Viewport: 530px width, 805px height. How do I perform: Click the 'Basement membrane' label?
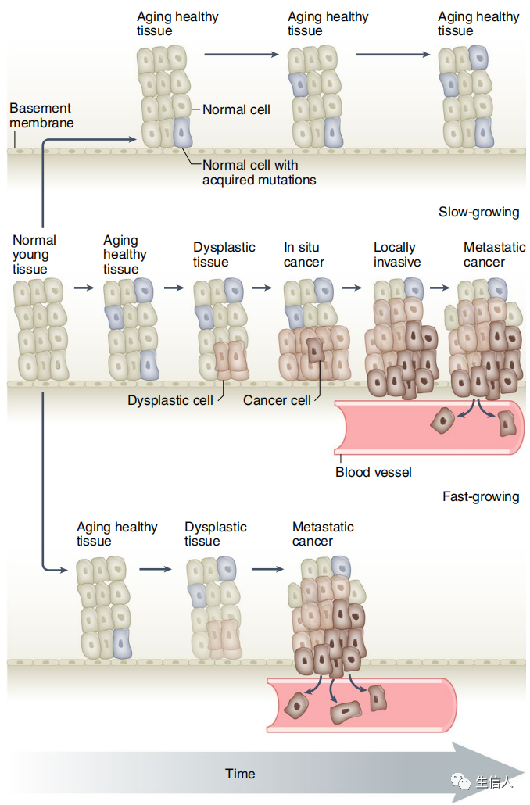click(41, 116)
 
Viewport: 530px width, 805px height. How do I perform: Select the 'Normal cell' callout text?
click(236, 109)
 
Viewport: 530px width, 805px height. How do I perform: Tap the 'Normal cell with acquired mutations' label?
click(259, 173)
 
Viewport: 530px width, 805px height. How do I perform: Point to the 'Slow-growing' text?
click(478, 213)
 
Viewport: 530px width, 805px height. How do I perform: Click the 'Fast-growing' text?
click(481, 496)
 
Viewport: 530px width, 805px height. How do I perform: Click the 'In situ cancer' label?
click(303, 255)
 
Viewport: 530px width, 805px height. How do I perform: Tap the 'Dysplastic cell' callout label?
click(170, 400)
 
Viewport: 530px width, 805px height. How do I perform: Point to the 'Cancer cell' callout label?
click(277, 400)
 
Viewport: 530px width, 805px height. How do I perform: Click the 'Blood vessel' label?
click(374, 472)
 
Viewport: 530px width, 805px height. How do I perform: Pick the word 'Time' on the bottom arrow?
click(240, 774)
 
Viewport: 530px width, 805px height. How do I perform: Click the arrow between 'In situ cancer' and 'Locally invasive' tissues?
click(353, 288)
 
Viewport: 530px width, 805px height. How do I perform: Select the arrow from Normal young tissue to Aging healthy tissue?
click(83, 288)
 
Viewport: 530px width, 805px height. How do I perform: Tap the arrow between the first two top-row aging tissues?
click(241, 54)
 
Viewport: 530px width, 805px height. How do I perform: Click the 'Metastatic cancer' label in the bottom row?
click(323, 534)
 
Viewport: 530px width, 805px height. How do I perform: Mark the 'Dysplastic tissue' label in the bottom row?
click(216, 534)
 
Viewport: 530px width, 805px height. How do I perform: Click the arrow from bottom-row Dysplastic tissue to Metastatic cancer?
click(267, 568)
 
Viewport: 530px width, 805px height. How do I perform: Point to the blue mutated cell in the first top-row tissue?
click(181, 133)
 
